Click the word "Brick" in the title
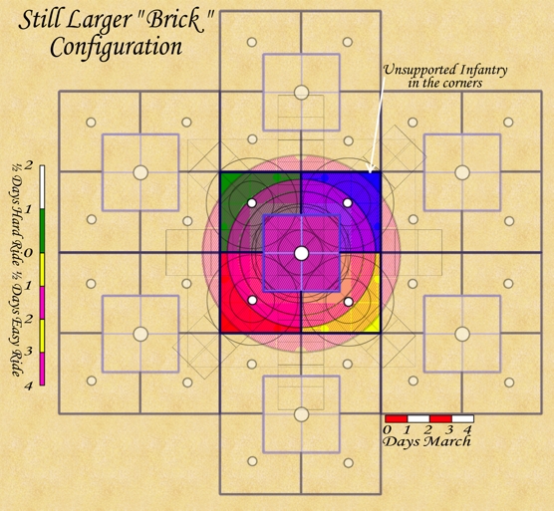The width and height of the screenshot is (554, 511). click(x=172, y=21)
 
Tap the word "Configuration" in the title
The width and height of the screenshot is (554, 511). click(x=117, y=48)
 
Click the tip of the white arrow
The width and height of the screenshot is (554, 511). click(x=370, y=172)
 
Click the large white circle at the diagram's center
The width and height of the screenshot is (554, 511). click(x=301, y=254)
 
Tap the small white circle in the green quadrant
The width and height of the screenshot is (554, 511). click(x=251, y=203)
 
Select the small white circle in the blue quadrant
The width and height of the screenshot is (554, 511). click(x=348, y=203)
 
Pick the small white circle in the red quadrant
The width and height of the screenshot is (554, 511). click(x=252, y=300)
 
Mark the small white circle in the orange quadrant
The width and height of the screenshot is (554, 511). click(x=349, y=302)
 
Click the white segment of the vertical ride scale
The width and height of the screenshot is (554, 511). click(x=43, y=187)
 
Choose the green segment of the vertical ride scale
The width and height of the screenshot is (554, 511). click(x=43, y=231)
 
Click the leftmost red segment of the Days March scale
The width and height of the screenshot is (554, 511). click(x=396, y=418)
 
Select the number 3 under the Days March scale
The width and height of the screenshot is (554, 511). click(x=449, y=430)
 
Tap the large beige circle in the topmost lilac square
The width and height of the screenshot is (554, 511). click(x=301, y=93)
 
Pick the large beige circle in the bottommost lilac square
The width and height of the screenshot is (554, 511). click(x=301, y=414)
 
